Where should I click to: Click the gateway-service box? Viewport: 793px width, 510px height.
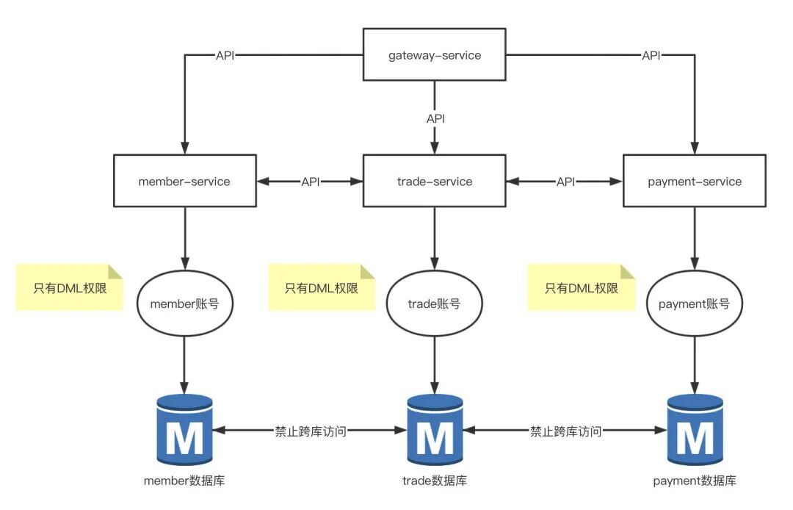point(434,54)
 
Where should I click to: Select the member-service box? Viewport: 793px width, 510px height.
point(184,181)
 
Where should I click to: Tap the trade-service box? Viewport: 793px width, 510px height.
point(434,181)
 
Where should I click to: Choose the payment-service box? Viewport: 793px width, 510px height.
point(695,181)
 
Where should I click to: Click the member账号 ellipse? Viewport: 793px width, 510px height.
point(184,303)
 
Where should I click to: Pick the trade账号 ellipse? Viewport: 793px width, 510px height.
point(434,303)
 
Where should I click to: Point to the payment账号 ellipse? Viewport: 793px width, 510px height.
point(695,303)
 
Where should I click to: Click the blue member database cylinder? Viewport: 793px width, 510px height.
point(184,430)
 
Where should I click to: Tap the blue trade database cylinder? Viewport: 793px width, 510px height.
point(435,430)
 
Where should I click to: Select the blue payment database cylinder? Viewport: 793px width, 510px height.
point(695,430)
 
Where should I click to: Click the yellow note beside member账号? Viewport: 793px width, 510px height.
point(70,287)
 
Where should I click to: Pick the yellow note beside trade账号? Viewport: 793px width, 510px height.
point(322,287)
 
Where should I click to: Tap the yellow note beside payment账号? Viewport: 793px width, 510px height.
point(582,287)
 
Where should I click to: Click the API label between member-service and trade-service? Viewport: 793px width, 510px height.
point(311,182)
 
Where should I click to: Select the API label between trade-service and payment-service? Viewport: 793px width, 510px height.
point(565,182)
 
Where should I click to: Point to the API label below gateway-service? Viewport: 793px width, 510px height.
point(435,118)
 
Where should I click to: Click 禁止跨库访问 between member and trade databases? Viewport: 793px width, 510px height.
point(311,431)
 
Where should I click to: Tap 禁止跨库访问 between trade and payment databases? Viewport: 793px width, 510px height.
point(565,431)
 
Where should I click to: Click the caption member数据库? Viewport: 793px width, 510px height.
point(184,480)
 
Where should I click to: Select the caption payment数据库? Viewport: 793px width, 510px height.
point(695,480)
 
